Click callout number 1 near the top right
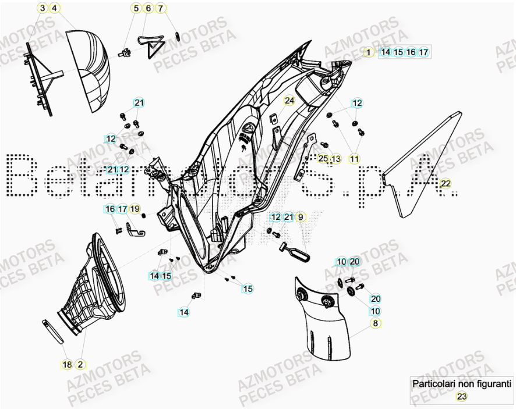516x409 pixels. click(x=368, y=52)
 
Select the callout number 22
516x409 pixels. click(x=445, y=184)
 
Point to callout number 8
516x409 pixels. click(x=375, y=323)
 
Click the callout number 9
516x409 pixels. click(x=301, y=217)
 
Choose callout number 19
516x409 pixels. click(x=135, y=209)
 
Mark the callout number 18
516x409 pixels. click(x=67, y=365)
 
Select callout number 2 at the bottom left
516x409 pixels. click(x=80, y=365)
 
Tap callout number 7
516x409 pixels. click(x=161, y=8)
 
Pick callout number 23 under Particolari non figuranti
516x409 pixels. click(x=461, y=397)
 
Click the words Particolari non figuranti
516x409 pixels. click(x=461, y=384)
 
